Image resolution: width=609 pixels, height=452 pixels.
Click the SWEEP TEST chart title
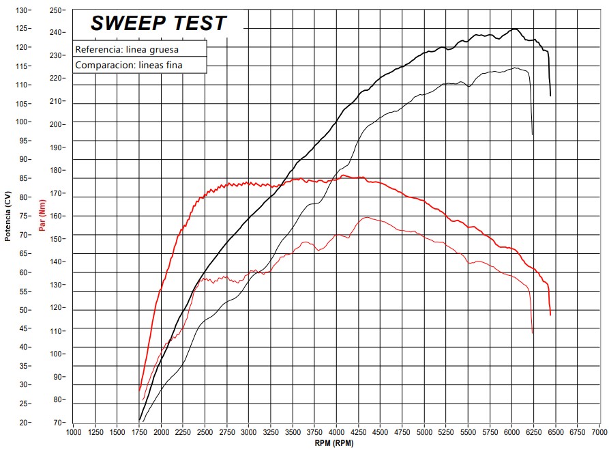coord(158,23)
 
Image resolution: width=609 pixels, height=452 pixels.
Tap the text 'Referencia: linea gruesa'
coord(128,50)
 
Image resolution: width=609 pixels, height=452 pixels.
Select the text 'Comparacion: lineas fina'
coord(129,66)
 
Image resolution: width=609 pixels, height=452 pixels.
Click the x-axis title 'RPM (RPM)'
coord(334,444)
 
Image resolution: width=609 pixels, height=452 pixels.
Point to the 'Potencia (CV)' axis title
coord(8,216)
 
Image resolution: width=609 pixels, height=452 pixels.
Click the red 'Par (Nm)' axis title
coord(42,216)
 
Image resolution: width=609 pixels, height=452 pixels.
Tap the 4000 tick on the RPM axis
coord(336,432)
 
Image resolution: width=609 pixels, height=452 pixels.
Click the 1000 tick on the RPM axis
coord(73,432)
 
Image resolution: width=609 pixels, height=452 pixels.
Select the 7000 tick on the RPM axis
coord(599,432)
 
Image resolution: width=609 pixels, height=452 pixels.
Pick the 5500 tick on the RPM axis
coord(468,432)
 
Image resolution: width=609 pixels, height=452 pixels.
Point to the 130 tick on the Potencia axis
coord(23,10)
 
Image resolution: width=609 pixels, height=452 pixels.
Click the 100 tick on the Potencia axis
coord(23,122)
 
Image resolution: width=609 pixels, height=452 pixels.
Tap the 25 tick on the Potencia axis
coord(24,404)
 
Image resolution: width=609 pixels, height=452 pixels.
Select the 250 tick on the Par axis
coord(57,10)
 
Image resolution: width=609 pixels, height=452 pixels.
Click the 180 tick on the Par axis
coord(57,171)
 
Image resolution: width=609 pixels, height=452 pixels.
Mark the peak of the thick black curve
coord(515,29)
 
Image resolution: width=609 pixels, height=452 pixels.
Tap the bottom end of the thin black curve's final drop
coord(533,135)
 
